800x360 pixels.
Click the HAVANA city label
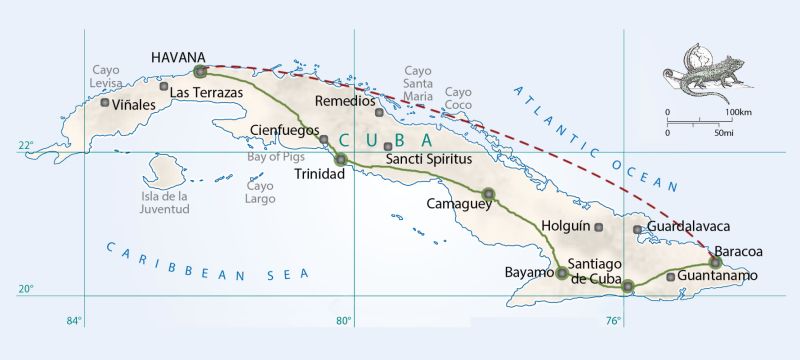click(x=178, y=57)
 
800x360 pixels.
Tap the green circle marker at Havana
click(x=200, y=72)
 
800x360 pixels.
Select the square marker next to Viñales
click(x=105, y=103)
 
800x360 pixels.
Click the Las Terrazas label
click(x=207, y=93)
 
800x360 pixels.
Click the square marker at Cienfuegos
click(x=324, y=139)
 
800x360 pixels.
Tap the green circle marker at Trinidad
click(x=341, y=159)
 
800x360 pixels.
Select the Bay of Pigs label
click(x=279, y=156)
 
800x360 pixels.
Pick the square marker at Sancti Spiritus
click(x=388, y=147)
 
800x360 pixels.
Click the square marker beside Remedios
click(x=379, y=112)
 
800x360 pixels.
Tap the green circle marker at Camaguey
click(x=488, y=194)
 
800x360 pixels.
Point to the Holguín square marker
click(x=599, y=228)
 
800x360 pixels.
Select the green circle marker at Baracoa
click(x=715, y=263)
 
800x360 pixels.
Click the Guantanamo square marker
click(x=670, y=276)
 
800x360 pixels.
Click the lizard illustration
click(x=700, y=70)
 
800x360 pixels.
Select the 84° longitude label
click(x=74, y=321)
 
